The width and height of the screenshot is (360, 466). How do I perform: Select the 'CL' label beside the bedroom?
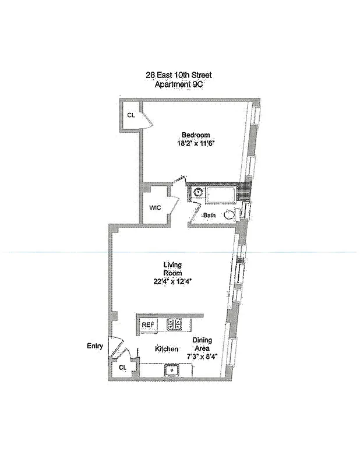click(131, 115)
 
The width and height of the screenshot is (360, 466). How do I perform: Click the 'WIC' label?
click(155, 207)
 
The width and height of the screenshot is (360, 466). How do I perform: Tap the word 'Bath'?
click(209, 216)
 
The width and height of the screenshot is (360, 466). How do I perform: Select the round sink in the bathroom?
click(197, 192)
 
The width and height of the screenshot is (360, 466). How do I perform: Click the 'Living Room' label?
click(172, 269)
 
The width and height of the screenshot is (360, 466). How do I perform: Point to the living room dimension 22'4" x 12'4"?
click(172, 281)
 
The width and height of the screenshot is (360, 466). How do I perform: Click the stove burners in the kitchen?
click(174, 324)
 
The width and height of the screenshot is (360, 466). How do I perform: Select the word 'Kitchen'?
click(167, 349)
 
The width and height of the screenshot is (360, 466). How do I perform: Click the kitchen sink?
click(172, 369)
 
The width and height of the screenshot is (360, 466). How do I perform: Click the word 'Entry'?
click(95, 346)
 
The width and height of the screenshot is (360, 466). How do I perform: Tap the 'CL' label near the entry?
click(123, 368)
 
